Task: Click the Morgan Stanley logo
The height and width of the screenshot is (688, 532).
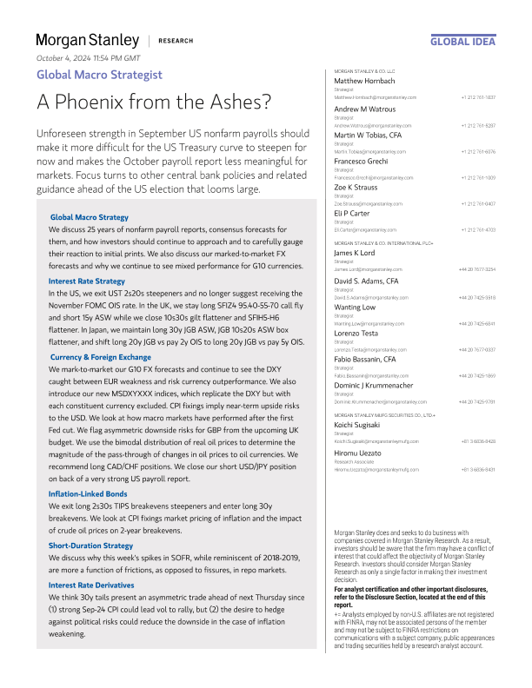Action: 87,40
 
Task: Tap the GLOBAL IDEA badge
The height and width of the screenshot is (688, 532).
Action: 462,41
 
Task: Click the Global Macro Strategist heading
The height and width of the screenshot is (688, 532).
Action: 99,75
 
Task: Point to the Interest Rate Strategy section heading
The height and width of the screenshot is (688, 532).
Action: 86,281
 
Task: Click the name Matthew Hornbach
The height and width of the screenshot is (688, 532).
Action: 365,81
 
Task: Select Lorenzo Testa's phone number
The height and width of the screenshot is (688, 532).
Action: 477,350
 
